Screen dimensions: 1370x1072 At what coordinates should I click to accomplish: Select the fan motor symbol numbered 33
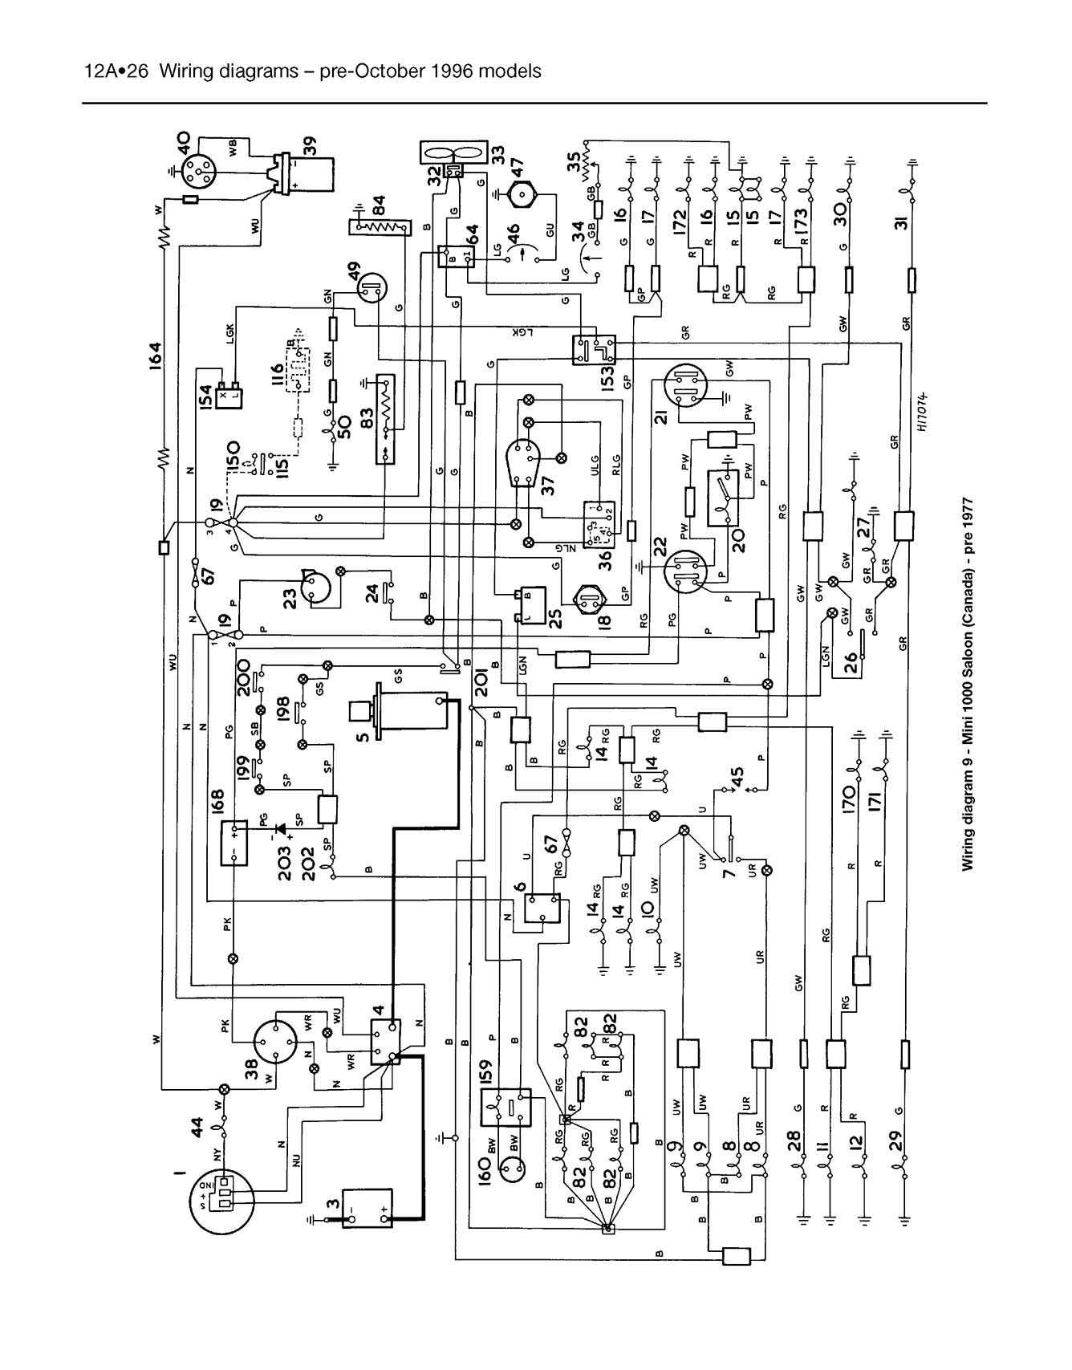tap(453, 154)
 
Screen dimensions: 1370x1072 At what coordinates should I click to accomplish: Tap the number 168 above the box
tap(217, 803)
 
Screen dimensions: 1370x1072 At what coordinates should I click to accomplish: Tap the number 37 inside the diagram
tap(549, 485)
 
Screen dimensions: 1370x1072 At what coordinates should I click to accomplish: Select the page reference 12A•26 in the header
tap(117, 71)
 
